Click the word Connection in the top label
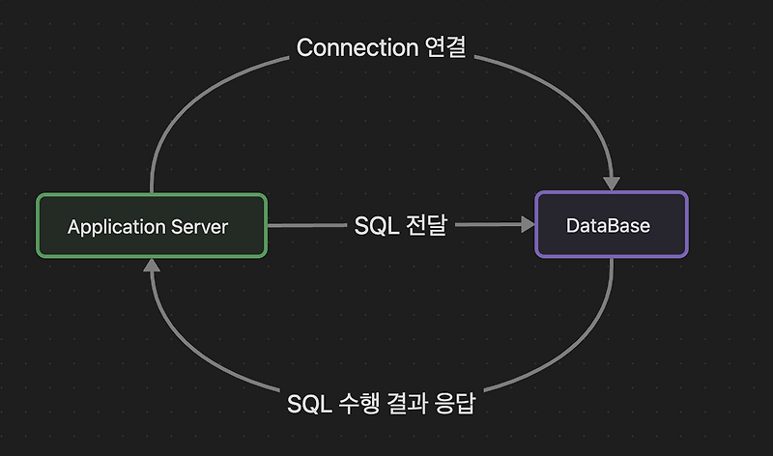[356, 47]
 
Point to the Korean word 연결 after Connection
[445, 47]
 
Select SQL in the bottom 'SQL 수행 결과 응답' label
[304, 404]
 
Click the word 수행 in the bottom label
[353, 404]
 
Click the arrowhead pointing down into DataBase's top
[611, 182]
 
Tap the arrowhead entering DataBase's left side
[527, 224]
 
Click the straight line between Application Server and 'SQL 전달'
[304, 225]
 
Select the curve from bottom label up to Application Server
[184, 348]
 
